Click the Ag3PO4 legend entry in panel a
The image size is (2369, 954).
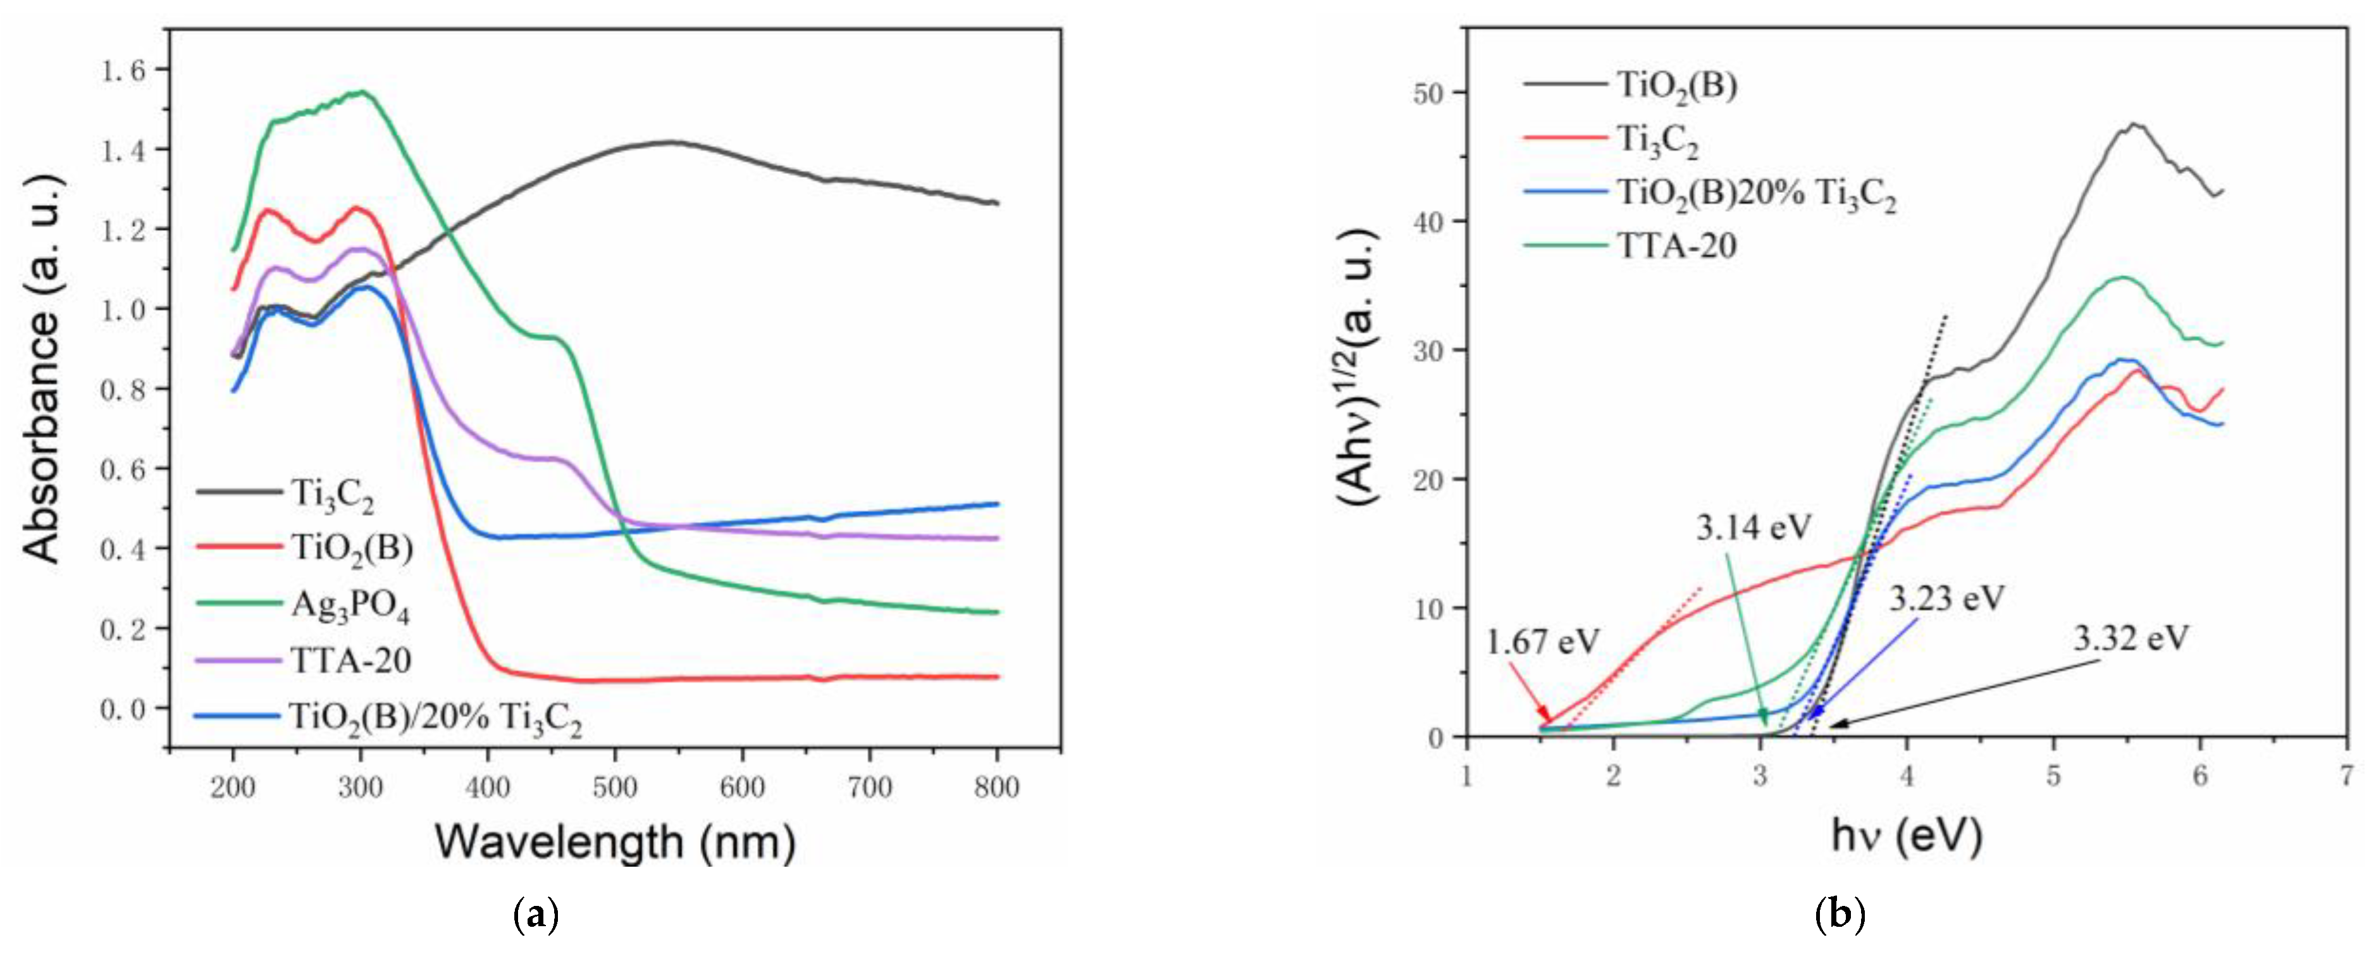(x=349, y=605)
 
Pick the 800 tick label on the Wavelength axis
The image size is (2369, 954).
(x=997, y=788)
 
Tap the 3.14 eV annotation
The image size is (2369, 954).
(x=1753, y=527)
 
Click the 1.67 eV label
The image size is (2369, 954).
(x=1542, y=641)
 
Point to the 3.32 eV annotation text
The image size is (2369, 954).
(x=2131, y=638)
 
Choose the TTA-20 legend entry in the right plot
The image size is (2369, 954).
(x=1676, y=245)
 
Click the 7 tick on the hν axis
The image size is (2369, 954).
(x=2346, y=776)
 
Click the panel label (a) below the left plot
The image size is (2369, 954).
(x=535, y=915)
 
